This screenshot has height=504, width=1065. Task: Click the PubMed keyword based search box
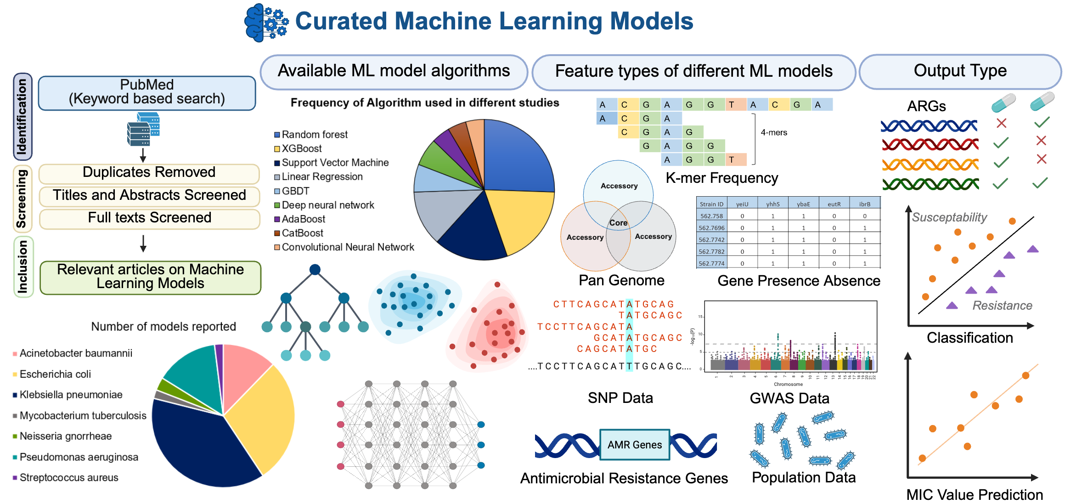(147, 92)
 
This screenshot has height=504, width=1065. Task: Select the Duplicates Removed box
(149, 172)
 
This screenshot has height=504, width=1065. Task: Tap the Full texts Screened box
(149, 218)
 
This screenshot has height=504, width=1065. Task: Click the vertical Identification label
(22, 116)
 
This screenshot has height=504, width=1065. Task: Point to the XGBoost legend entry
(301, 148)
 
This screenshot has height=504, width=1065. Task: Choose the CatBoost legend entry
(302, 233)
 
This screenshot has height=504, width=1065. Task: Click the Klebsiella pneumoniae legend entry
(71, 395)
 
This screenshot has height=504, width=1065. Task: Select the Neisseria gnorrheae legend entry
(65, 436)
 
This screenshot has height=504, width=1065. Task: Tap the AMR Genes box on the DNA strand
(634, 445)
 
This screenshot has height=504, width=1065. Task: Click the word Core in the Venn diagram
(618, 223)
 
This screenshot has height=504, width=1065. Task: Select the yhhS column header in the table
(773, 204)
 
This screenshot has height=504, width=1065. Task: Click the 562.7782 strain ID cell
(711, 252)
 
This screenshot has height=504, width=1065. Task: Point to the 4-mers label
(774, 133)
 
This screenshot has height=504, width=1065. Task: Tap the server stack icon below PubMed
(143, 129)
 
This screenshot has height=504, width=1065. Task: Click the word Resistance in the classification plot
(1002, 306)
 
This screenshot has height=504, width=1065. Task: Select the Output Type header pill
(960, 71)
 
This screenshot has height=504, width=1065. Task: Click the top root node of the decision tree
(315, 270)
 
